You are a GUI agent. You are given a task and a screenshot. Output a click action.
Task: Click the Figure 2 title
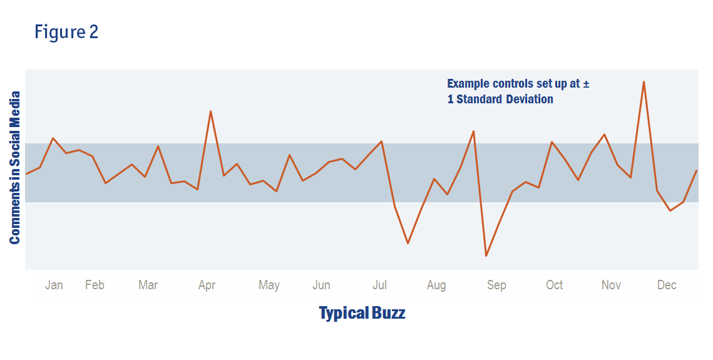coord(66,32)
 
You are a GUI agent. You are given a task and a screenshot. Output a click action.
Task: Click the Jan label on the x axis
coord(54,285)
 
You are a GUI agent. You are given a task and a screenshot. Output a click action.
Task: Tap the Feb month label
coord(95,285)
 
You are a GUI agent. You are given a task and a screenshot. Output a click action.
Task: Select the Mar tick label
coord(148,285)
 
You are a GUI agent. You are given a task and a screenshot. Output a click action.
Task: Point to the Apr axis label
coord(207,285)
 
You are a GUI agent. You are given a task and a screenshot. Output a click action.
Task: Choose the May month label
coord(269,285)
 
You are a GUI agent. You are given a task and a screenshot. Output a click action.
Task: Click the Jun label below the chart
coord(321,285)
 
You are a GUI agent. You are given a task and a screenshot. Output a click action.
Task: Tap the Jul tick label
coord(379,285)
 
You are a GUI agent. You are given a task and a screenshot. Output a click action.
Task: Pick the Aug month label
coord(436,285)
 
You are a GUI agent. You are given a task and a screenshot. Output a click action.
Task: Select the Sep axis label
coord(496,285)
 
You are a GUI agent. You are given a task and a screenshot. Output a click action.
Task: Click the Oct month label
coord(554,285)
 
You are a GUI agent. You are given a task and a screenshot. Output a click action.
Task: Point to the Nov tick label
coord(611,285)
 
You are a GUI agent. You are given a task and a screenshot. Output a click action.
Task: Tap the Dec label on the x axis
coord(667,285)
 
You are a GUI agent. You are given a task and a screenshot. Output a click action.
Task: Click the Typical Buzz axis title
coord(362,313)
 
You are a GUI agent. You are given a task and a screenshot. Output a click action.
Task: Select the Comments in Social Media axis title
coord(15,168)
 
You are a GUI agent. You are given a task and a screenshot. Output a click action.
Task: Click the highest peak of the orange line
coord(644,82)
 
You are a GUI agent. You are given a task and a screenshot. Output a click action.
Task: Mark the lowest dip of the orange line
coord(486,255)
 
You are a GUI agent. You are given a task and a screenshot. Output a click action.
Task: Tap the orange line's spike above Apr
coord(210,111)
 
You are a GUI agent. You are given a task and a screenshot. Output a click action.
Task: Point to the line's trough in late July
coord(408,243)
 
